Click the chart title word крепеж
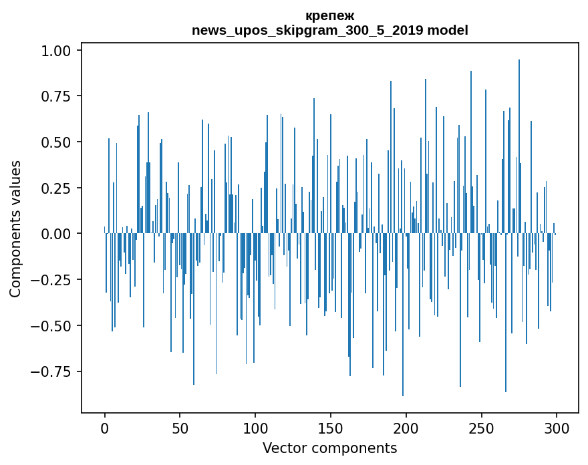(329, 15)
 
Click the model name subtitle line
(329, 30)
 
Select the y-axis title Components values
(15, 228)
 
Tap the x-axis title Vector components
(329, 448)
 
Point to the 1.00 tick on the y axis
(62, 51)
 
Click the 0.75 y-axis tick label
(62, 96)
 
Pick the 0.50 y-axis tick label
(62, 142)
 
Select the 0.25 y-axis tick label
(62, 188)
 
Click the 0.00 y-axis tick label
(62, 234)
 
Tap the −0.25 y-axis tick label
(58, 280)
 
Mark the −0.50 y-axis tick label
(58, 326)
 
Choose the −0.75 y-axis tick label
(58, 371)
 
